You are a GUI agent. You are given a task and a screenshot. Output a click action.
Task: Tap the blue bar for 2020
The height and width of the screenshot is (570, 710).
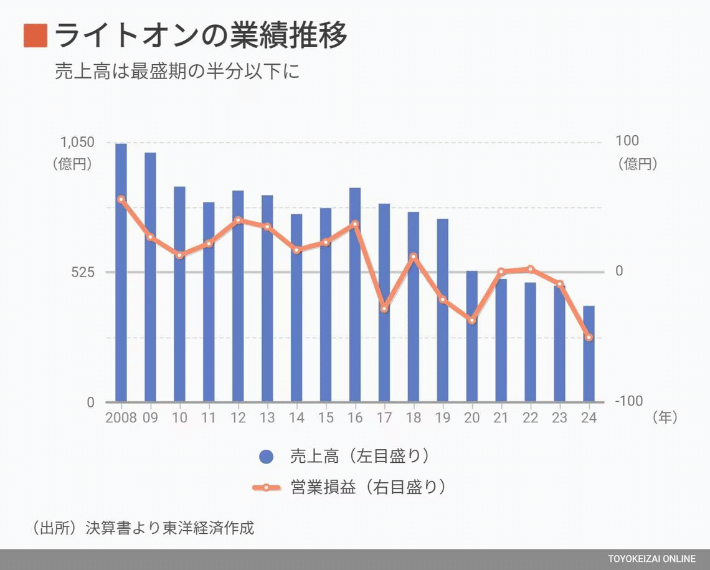click(472, 336)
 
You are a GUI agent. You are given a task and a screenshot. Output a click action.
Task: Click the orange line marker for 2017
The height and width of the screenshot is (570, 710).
click(384, 308)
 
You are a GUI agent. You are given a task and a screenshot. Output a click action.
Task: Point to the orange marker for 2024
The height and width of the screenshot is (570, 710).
click(589, 337)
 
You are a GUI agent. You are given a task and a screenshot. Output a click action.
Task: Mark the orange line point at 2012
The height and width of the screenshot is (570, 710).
click(238, 220)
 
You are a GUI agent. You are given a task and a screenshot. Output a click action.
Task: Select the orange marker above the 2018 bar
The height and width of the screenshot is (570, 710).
click(414, 256)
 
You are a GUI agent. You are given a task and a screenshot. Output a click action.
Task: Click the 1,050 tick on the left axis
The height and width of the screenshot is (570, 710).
click(77, 142)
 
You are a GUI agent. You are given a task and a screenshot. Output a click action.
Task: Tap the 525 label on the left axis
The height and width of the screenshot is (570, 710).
click(82, 272)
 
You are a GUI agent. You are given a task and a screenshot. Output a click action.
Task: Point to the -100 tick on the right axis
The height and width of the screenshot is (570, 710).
click(628, 402)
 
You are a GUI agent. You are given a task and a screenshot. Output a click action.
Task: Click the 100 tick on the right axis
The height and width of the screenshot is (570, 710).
click(627, 141)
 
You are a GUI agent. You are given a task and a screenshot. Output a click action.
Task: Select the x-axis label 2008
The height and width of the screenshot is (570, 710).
click(121, 417)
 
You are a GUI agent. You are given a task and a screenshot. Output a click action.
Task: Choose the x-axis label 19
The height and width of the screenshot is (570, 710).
click(443, 417)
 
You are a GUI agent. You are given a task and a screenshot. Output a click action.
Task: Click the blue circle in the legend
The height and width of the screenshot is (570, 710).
click(266, 457)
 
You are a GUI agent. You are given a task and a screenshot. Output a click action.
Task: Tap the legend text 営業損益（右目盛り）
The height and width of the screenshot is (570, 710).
click(368, 487)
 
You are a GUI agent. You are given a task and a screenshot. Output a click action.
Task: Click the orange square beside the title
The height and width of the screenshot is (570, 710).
click(35, 36)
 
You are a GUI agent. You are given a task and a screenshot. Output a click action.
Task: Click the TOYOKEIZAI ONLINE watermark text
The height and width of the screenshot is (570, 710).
click(652, 559)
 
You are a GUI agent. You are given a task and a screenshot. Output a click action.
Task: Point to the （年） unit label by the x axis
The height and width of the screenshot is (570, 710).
click(665, 417)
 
